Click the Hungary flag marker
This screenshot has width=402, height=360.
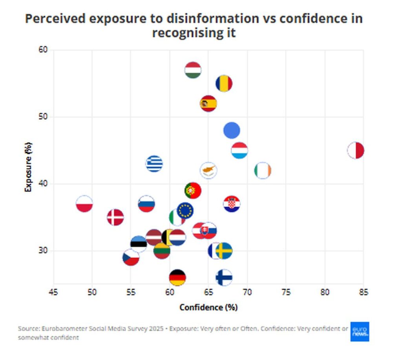click(x=193, y=71)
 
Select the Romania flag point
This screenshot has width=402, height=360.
click(x=224, y=84)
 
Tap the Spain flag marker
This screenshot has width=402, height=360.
click(x=208, y=104)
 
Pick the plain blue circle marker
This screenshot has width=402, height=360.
click(x=232, y=130)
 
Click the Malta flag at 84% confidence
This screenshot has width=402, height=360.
click(x=356, y=151)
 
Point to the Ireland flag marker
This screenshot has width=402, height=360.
click(x=263, y=171)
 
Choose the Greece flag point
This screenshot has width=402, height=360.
click(x=154, y=164)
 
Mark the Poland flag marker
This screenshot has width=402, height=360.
click(x=84, y=204)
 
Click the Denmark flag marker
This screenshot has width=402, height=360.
click(x=115, y=217)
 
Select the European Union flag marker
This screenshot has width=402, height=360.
click(x=185, y=211)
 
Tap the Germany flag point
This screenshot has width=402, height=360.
click(x=177, y=277)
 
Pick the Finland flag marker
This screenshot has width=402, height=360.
click(x=224, y=277)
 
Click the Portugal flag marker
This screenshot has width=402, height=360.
click(x=193, y=191)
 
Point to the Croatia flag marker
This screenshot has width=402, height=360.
click(x=232, y=204)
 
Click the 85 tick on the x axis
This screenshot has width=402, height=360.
click(x=363, y=293)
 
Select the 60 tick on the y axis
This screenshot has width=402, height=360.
click(x=43, y=50)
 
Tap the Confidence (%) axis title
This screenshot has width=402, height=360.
click(x=208, y=307)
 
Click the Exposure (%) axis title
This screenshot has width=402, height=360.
click(x=28, y=167)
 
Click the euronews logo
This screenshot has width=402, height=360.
click(x=360, y=332)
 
